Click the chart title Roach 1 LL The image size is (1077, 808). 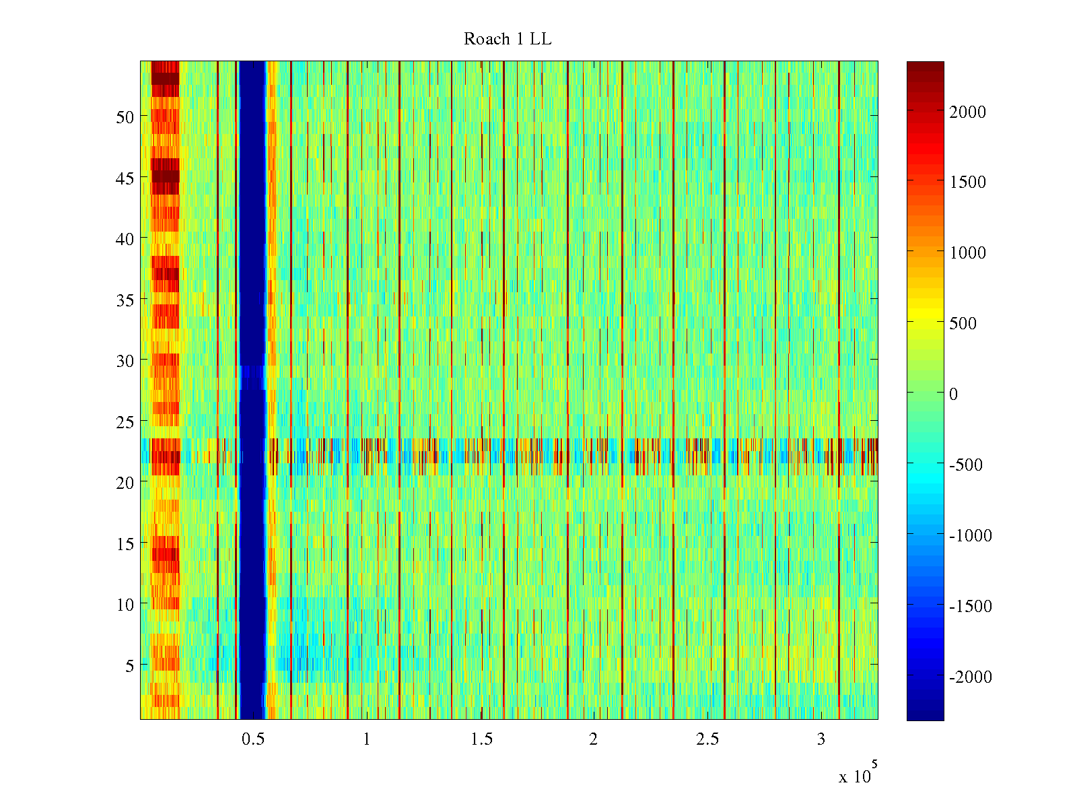pyautogui.click(x=508, y=40)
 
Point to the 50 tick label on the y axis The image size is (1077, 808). pyautogui.click(x=125, y=117)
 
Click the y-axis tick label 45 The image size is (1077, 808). pyautogui.click(x=125, y=178)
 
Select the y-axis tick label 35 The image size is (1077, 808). pyautogui.click(x=125, y=300)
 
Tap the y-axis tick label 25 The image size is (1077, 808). pyautogui.click(x=125, y=422)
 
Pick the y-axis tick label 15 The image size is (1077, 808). pyautogui.click(x=125, y=544)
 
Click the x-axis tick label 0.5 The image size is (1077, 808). pyautogui.click(x=253, y=739)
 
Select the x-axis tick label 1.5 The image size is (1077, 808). pyautogui.click(x=481, y=739)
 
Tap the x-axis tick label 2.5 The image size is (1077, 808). pyautogui.click(x=707, y=739)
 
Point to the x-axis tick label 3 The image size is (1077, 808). pyautogui.click(x=821, y=739)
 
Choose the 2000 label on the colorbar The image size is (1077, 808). pyautogui.click(x=967, y=112)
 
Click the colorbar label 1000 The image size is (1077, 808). pyautogui.click(x=967, y=253)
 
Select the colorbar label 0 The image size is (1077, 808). pyautogui.click(x=953, y=394)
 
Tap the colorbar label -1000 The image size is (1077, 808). pyautogui.click(x=970, y=536)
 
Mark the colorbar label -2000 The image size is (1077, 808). pyautogui.click(x=970, y=677)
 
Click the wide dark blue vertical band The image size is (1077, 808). pyautogui.click(x=252, y=269)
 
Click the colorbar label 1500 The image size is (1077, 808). pyautogui.click(x=967, y=182)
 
